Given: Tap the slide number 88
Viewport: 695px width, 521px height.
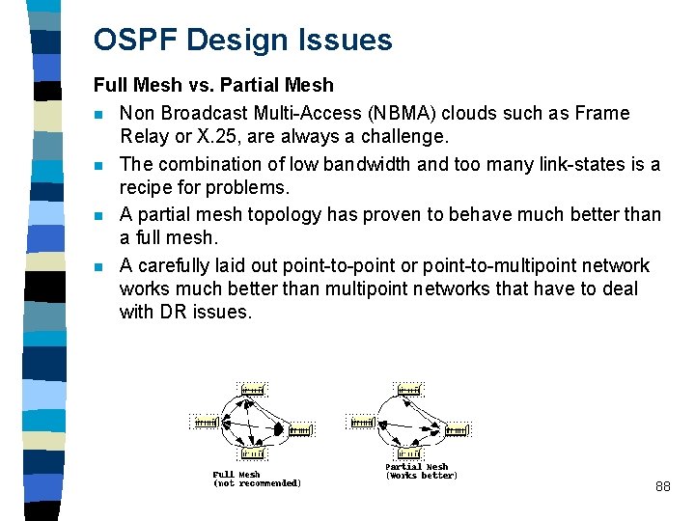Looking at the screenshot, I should coord(662,487).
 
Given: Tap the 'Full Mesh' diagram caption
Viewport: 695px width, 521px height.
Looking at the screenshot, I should coord(236,474).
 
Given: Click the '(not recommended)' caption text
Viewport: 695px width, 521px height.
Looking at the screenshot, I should coord(257,483).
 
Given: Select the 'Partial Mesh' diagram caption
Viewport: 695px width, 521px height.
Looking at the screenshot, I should coord(417,467).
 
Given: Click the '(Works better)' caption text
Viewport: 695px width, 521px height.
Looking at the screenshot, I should coord(422,476).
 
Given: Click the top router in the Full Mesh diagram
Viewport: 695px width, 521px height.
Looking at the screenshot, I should coord(253,390).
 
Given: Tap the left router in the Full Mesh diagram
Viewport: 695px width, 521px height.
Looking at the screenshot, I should coord(206,423).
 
